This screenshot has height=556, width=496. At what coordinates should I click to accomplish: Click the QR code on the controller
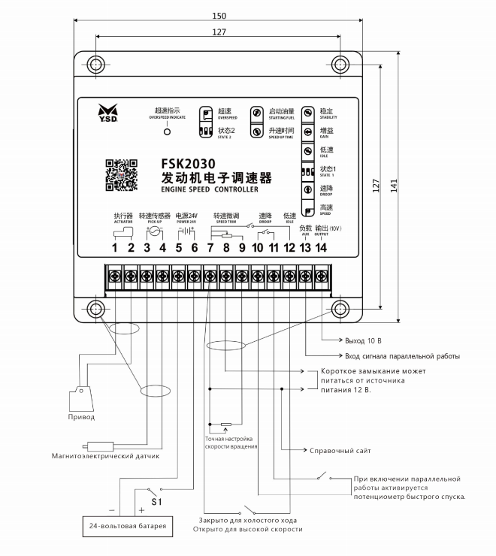pyautogui.click(x=120, y=175)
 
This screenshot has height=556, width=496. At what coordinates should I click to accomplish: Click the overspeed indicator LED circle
pyautogui.click(x=168, y=131)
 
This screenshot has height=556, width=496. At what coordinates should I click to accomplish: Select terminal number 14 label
pyautogui.click(x=321, y=249)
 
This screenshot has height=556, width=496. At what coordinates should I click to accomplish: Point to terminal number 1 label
pyautogui.click(x=116, y=249)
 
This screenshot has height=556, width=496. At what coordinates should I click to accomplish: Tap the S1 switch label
pyautogui.click(x=156, y=500)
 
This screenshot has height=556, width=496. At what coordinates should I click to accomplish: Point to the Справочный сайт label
pyautogui.click(x=340, y=450)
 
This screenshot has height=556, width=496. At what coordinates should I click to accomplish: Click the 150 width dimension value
pyautogui.click(x=219, y=15)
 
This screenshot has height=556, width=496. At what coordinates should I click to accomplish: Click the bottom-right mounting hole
pyautogui.click(x=338, y=308)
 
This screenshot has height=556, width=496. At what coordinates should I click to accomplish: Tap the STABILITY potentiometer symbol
pyautogui.click(x=308, y=112)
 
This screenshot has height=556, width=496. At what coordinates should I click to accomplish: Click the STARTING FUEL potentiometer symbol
pyautogui.click(x=257, y=113)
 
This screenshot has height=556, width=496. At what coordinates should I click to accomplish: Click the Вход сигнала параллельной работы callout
pyautogui.click(x=401, y=355)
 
